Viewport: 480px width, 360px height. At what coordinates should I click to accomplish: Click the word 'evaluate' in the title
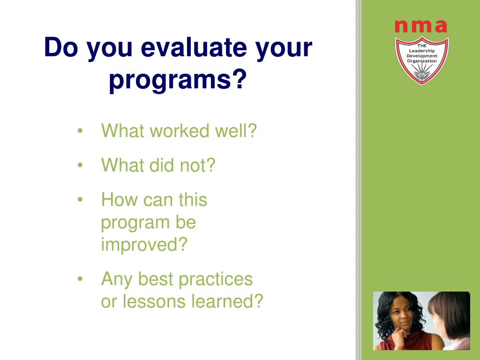pos(194,48)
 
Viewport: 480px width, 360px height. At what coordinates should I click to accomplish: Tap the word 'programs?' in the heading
pos(178,80)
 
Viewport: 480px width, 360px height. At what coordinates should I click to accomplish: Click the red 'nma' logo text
pos(421,26)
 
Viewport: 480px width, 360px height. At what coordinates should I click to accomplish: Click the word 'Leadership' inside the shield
pos(422,51)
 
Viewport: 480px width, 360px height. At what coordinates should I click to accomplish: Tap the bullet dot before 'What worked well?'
pos(80,131)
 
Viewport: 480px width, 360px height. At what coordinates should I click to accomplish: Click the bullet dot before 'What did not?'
pos(80,165)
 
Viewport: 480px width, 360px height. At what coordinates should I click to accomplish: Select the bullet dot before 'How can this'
pos(80,200)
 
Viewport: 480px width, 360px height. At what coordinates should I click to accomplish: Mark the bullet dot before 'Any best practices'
pos(80,279)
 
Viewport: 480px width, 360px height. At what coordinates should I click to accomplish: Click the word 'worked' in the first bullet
pos(180,131)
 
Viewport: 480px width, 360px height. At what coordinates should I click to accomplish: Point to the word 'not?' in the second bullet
pos(198,165)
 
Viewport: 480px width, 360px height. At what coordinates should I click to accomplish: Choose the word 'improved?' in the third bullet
pos(144,244)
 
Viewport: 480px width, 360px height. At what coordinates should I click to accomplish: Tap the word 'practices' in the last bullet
pos(216,279)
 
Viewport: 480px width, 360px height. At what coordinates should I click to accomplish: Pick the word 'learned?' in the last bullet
pos(227,301)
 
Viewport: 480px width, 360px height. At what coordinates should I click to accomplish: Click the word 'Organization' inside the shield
pos(422,61)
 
